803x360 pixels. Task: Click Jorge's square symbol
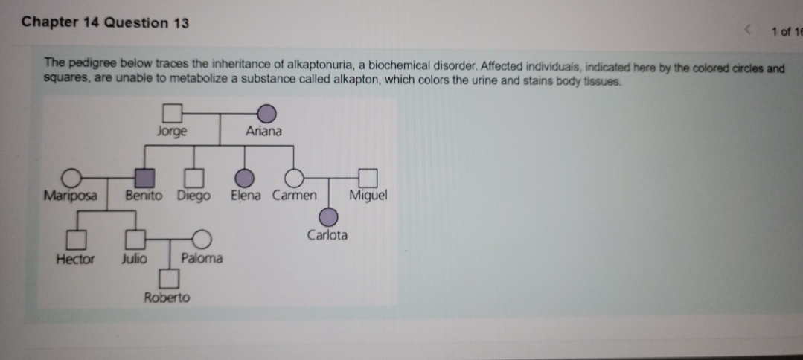173,114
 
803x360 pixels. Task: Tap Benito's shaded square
144,178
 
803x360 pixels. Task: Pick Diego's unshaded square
194,178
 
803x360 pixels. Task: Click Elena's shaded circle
245,178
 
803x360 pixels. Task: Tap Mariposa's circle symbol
71,178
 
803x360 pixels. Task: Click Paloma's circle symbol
201,240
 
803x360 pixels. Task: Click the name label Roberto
167,298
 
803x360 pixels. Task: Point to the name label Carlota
327,235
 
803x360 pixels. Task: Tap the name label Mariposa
70,196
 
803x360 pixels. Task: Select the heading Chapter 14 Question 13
105,22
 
